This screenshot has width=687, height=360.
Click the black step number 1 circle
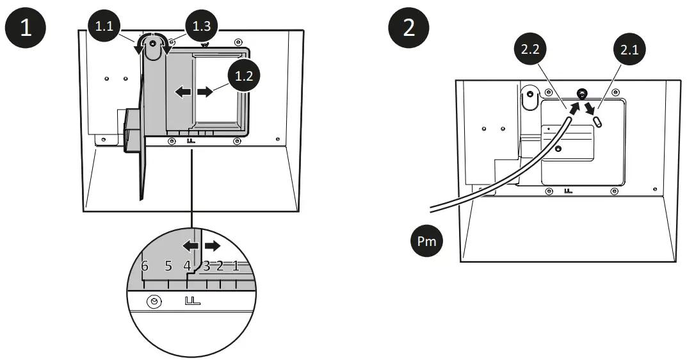click(26, 30)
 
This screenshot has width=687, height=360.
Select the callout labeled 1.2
click(243, 76)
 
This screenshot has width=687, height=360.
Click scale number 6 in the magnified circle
click(145, 266)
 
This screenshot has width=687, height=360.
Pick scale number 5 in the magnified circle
click(168, 266)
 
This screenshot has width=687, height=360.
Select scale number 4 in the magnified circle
click(187, 266)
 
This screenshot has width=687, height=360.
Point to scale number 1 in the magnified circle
click(236, 266)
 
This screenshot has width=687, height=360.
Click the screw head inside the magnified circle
click(154, 302)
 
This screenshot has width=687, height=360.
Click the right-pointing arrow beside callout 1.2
click(206, 92)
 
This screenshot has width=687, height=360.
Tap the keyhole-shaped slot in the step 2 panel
click(529, 97)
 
